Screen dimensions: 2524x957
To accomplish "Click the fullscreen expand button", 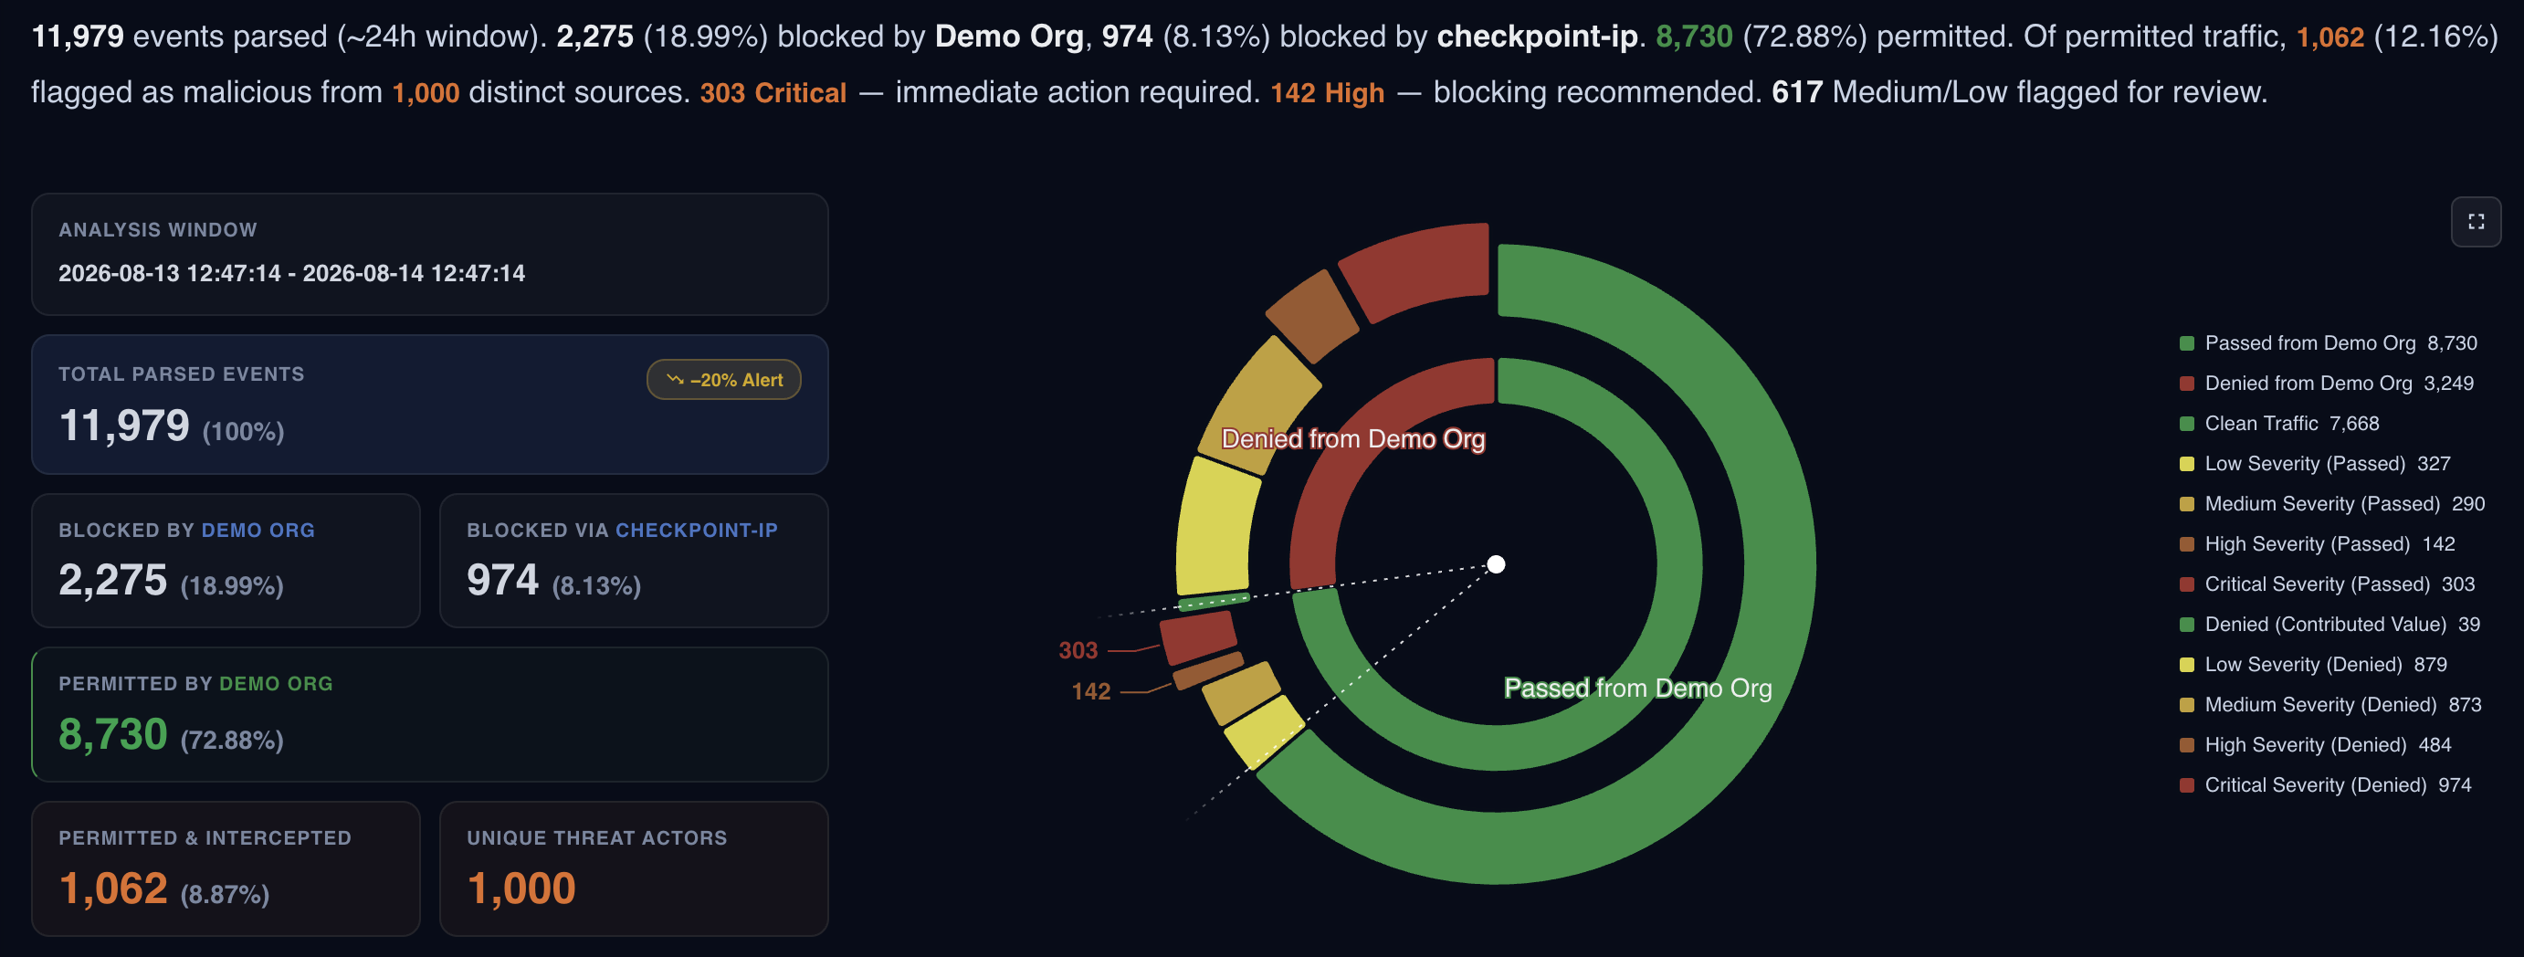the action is coord(2475,222).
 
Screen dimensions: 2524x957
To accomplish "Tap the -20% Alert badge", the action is coord(724,380).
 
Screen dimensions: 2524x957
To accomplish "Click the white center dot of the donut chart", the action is coord(1496,564).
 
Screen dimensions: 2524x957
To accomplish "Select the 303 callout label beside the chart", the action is coord(1078,650).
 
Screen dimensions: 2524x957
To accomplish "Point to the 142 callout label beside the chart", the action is coord(1090,691).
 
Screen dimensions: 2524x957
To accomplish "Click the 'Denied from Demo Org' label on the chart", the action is coord(1353,439).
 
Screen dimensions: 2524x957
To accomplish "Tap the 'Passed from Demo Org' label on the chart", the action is coord(1638,688).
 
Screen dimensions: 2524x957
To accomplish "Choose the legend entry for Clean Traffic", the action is coord(2279,423).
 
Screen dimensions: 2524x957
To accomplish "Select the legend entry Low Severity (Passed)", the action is coord(2314,463).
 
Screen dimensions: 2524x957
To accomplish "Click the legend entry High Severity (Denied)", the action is coord(2314,744).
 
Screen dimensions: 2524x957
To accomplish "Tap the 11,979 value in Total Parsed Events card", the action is coord(124,426).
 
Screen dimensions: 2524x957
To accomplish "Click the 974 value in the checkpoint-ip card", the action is coord(502,580).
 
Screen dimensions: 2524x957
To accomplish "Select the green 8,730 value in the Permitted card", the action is coord(113,735).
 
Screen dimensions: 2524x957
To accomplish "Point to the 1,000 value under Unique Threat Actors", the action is coord(521,889).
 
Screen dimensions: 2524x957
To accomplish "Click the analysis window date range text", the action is coord(292,273).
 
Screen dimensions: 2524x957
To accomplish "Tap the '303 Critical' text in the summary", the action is coord(773,92).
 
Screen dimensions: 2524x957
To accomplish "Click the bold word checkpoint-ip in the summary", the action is coord(1538,37).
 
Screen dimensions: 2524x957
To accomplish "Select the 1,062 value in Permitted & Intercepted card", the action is coord(113,889).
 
